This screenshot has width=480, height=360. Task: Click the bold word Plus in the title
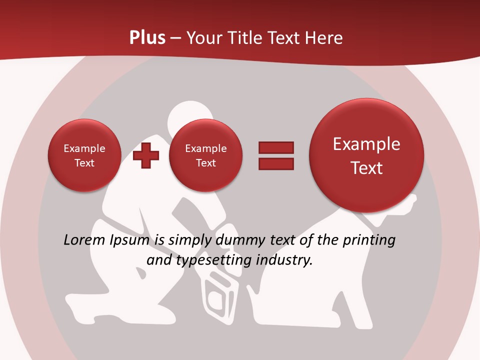[x=147, y=37]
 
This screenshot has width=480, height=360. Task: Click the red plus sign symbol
[x=146, y=155]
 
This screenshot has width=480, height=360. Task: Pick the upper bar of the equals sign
[x=276, y=147]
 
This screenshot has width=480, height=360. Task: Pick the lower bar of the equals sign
[x=276, y=164]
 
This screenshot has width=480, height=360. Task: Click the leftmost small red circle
[x=84, y=155]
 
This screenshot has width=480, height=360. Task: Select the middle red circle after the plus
[x=205, y=155]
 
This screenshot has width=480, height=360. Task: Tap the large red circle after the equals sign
[x=366, y=155]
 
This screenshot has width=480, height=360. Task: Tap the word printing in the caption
[x=369, y=240]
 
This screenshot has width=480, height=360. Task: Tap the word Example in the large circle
[x=366, y=144]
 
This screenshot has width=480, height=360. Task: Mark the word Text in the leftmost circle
[x=84, y=163]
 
